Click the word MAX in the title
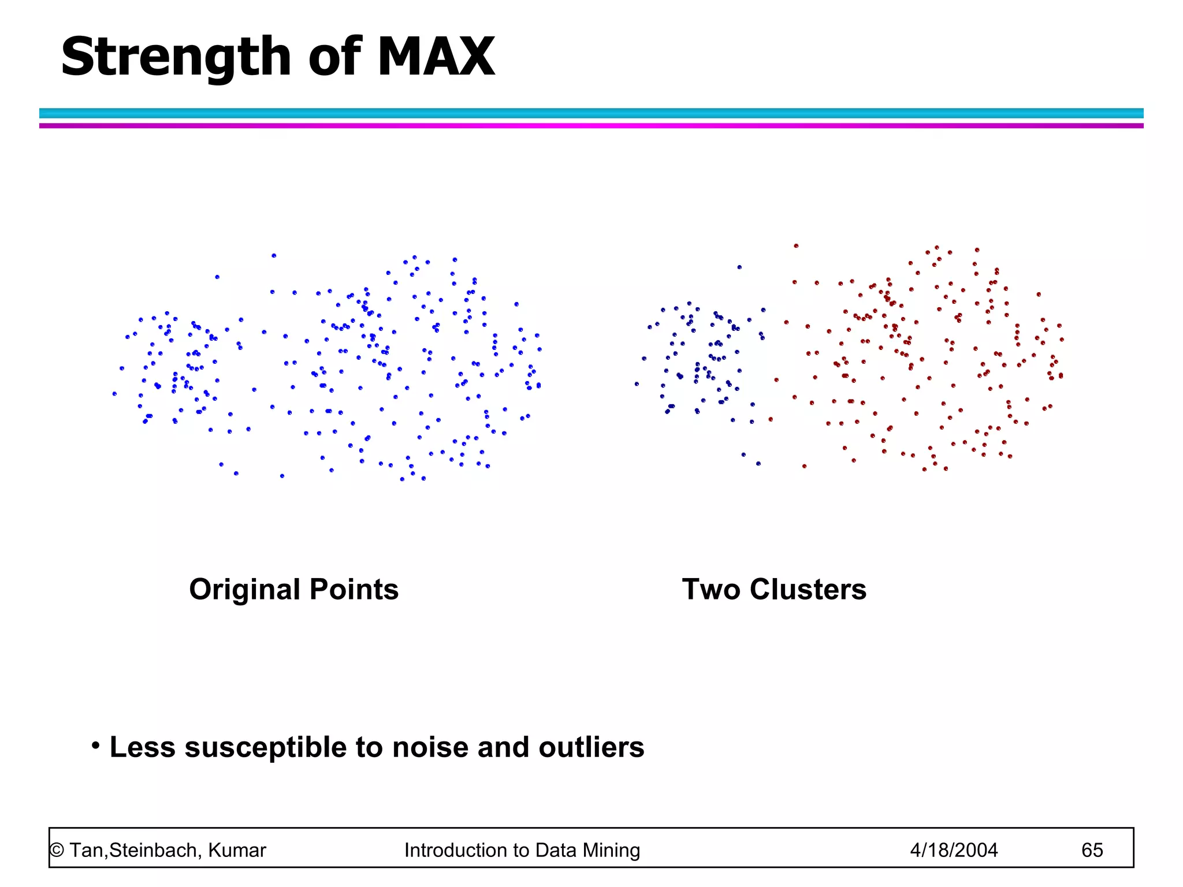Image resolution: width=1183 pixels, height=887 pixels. tap(436, 57)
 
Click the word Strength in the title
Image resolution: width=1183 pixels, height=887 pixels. tap(176, 58)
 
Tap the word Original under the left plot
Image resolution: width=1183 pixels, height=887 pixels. tap(244, 590)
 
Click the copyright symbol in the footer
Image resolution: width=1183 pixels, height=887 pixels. tap(57, 851)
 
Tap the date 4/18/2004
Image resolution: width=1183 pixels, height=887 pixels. tap(954, 850)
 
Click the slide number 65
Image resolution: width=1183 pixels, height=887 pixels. tap(1092, 850)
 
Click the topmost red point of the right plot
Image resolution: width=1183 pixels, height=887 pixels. tap(796, 246)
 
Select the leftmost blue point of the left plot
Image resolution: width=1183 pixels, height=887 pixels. tap(114, 394)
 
